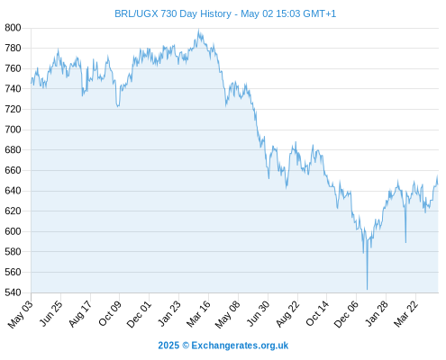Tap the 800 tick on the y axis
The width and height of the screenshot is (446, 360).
(x=13, y=28)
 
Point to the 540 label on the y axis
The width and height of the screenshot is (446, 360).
(x=13, y=292)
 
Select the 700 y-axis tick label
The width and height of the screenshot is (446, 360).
(x=13, y=130)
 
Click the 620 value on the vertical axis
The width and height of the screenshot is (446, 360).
(x=13, y=211)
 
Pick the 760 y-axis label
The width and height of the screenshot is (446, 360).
(x=13, y=68)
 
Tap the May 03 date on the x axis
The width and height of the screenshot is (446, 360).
(x=21, y=314)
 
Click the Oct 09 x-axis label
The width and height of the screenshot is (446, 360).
(x=110, y=313)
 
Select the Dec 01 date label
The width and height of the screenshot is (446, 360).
(x=139, y=314)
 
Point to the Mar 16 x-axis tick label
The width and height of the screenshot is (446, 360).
(x=199, y=313)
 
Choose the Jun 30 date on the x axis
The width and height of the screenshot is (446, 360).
(x=259, y=313)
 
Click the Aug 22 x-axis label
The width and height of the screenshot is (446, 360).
(x=287, y=313)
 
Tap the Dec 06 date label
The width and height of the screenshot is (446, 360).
(x=346, y=314)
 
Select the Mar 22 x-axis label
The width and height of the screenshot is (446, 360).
(x=406, y=313)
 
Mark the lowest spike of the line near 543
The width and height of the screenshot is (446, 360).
(x=367, y=290)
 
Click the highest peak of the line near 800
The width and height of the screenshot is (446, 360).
(x=198, y=30)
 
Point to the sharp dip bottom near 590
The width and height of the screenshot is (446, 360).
(x=405, y=242)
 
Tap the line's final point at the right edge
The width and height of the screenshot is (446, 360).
(x=438, y=184)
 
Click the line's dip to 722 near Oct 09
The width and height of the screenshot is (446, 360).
(x=118, y=106)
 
